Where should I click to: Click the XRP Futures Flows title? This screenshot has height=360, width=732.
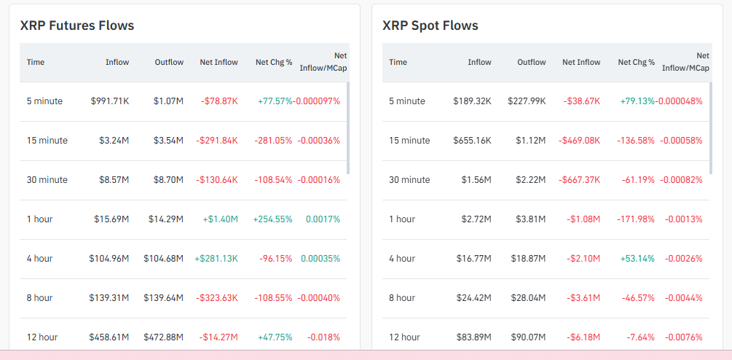click(77, 26)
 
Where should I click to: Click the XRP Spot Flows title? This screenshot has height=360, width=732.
click(430, 26)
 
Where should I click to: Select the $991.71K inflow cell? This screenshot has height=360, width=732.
click(109, 101)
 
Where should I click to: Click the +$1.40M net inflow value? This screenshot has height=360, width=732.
click(218, 219)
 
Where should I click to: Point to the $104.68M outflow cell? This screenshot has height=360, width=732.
click(163, 259)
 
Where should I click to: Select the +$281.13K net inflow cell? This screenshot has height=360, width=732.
click(216, 259)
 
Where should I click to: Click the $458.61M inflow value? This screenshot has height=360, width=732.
click(109, 337)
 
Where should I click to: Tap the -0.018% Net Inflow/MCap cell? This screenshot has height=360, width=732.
click(323, 337)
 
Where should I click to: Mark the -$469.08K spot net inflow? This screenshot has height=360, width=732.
click(579, 141)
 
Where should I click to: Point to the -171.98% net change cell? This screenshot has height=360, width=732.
click(635, 219)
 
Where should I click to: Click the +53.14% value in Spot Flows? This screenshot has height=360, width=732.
click(637, 259)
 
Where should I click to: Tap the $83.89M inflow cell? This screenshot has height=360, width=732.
click(471, 337)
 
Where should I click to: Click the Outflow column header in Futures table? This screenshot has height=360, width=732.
click(169, 62)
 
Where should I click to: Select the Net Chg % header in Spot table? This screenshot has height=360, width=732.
click(637, 62)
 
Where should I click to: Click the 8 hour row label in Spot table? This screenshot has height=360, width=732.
click(402, 298)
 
